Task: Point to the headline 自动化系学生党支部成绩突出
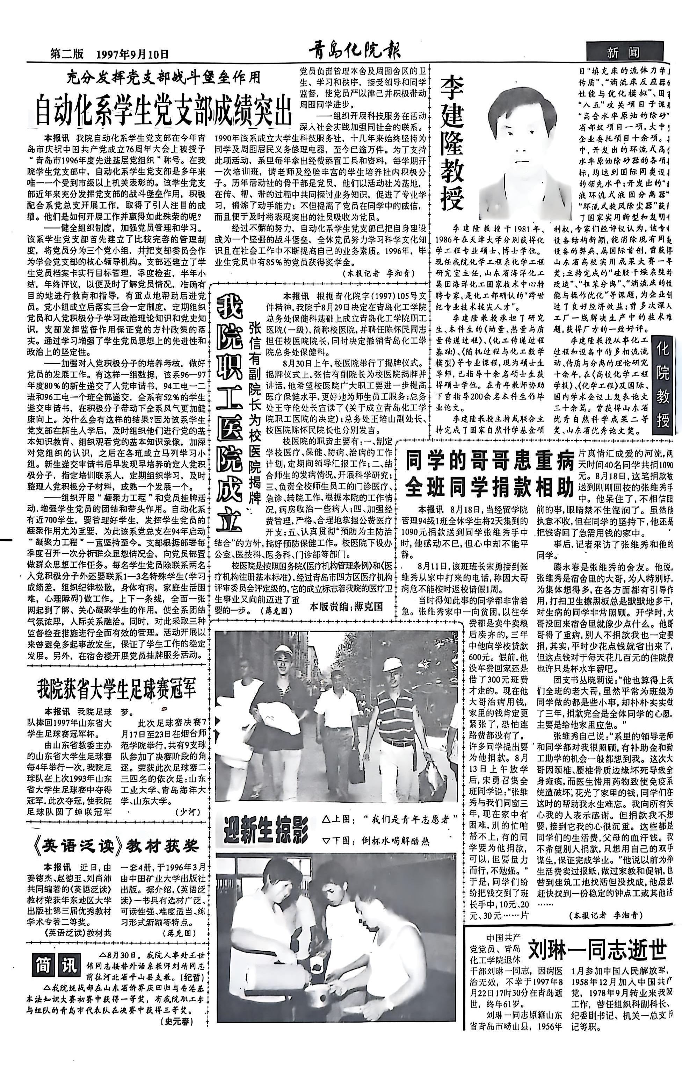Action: pyautogui.click(x=164, y=109)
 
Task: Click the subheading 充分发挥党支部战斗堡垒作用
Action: pyautogui.click(x=164, y=78)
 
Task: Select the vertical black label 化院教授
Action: pyautogui.click(x=662, y=381)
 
